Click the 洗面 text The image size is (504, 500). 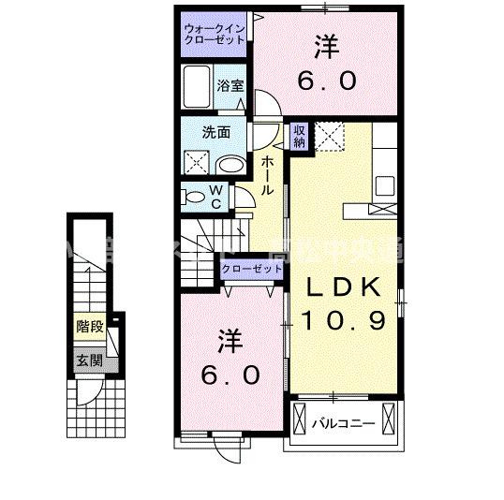click(216, 132)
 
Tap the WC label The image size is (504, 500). click(215, 197)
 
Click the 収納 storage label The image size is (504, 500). click(299, 138)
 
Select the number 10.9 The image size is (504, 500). click(344, 321)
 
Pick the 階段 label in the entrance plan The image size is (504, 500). click(89, 329)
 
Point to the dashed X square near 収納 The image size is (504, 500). click(330, 137)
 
